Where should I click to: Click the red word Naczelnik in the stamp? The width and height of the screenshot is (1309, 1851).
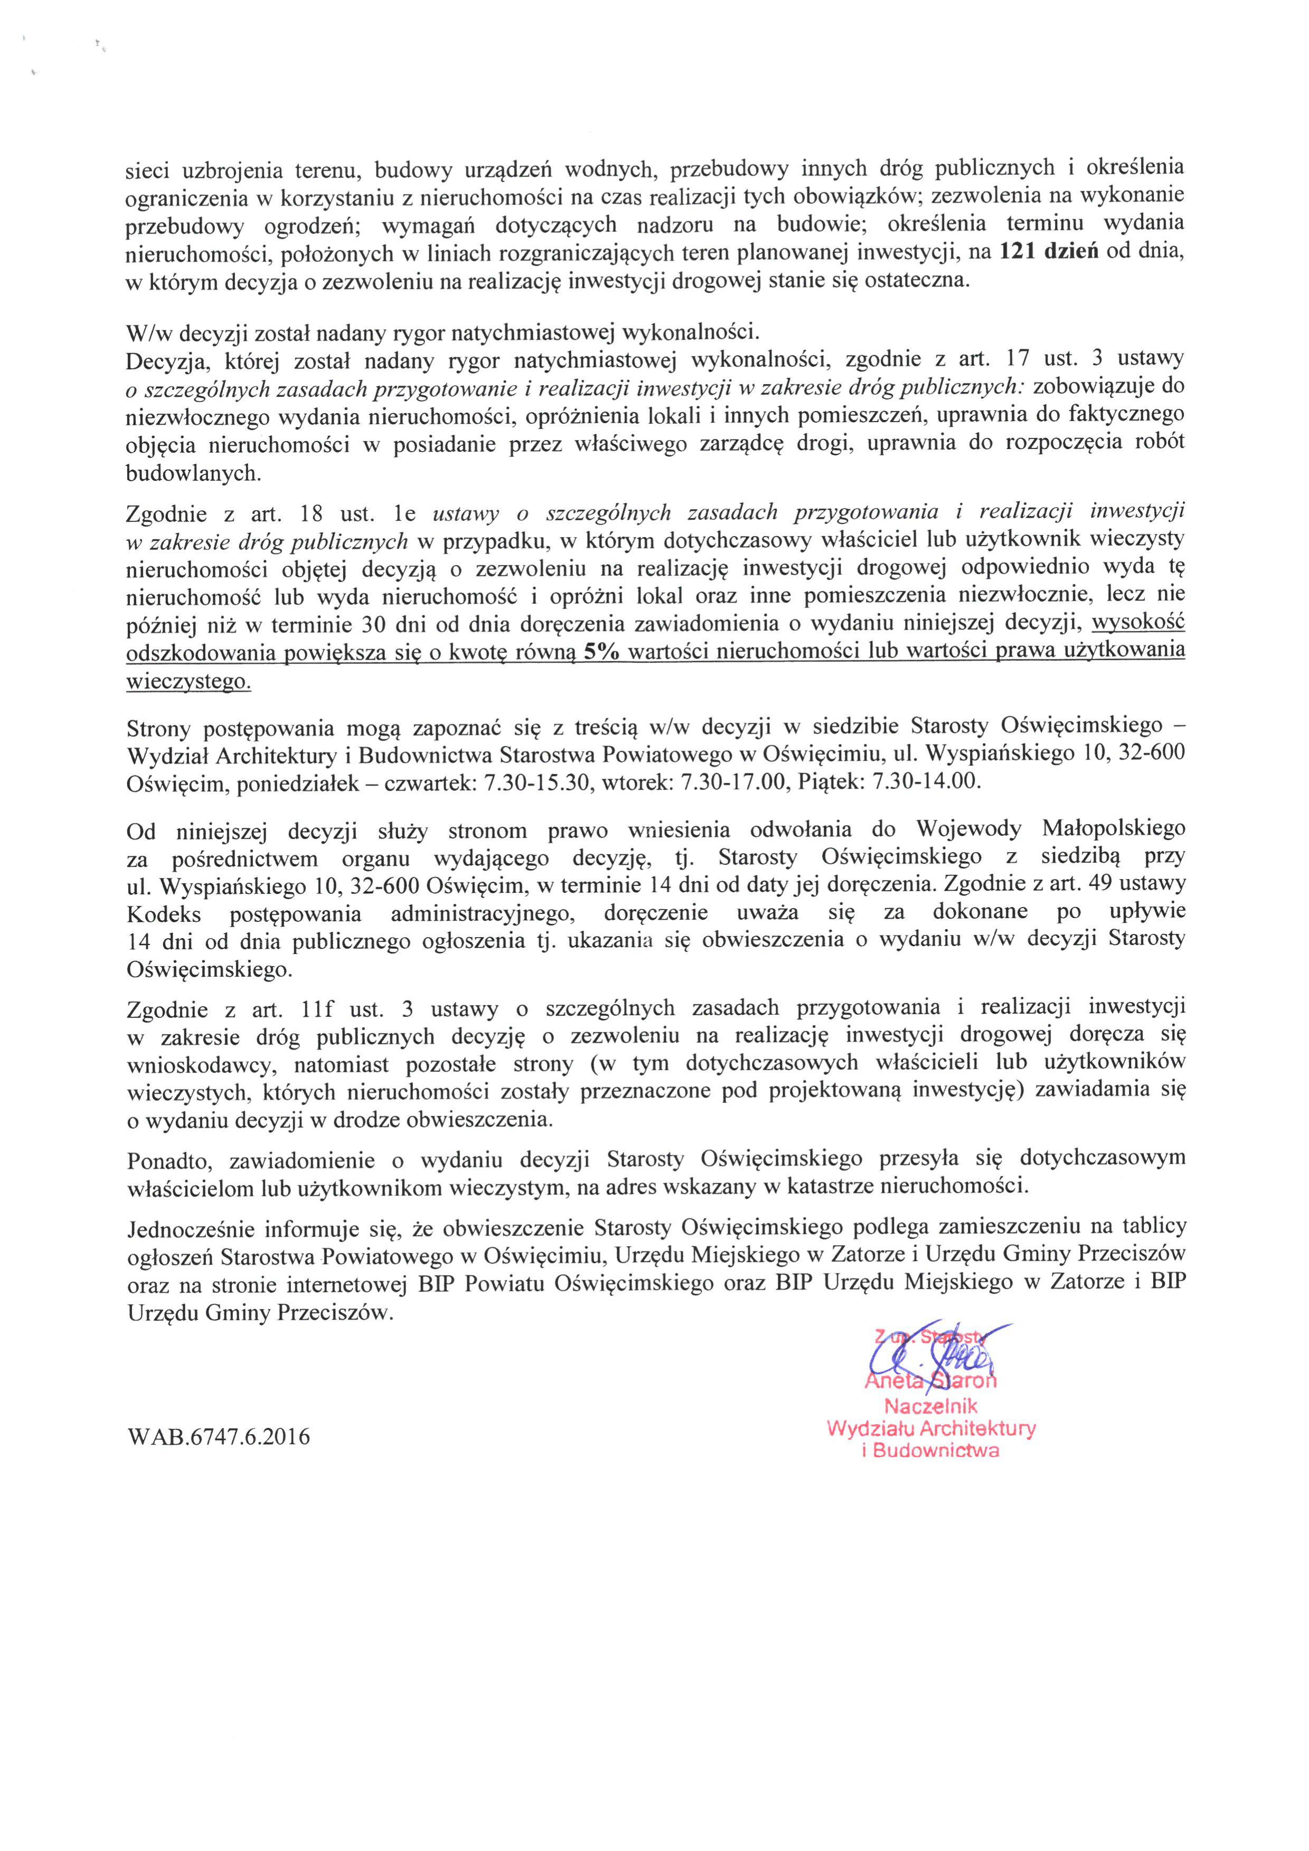931,1407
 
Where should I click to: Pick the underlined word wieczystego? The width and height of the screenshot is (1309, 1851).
189,681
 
